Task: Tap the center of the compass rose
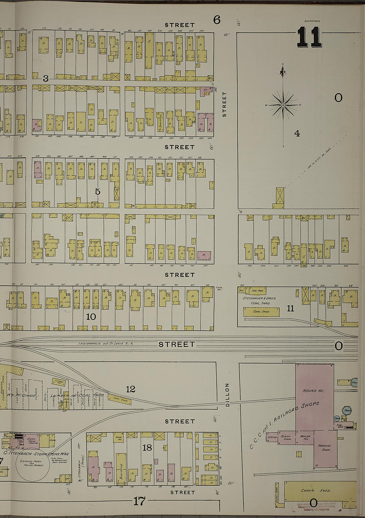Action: [283, 105]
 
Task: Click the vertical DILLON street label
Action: [227, 395]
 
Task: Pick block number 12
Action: [131, 389]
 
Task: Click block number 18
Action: [147, 448]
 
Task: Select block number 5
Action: [97, 192]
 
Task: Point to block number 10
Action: [91, 317]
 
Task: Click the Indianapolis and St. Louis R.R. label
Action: [105, 344]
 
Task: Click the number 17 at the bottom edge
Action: [139, 501]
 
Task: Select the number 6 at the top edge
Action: [217, 20]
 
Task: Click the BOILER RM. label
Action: [305, 438]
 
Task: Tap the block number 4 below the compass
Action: [297, 134]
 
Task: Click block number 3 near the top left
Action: [46, 79]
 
